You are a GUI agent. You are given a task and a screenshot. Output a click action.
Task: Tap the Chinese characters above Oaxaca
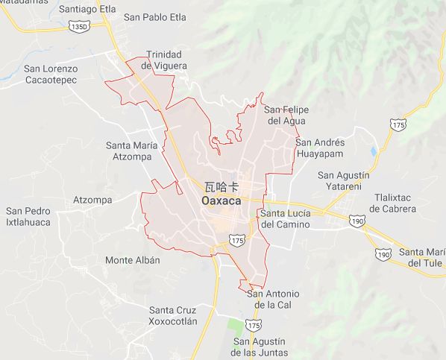(x=222, y=186)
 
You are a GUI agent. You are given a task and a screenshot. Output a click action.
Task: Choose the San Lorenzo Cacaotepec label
(x=61, y=75)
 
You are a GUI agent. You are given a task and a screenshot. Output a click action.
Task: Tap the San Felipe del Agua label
(x=287, y=115)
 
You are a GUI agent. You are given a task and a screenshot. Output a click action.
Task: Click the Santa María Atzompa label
(x=132, y=151)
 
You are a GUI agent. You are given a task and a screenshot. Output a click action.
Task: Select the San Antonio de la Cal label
(x=272, y=299)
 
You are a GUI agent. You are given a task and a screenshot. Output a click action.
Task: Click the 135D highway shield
(x=78, y=26)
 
